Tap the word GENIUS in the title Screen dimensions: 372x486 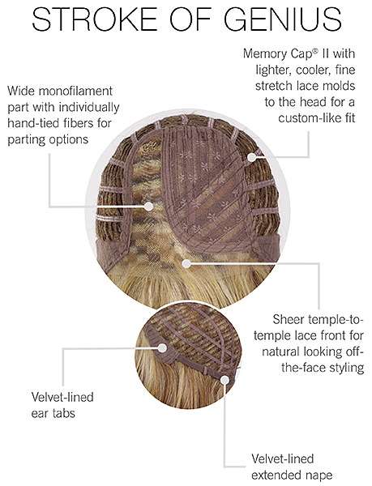(283, 19)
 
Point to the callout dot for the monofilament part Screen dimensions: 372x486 (149, 206)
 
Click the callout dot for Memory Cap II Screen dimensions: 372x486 (252, 157)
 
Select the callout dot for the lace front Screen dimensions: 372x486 (186, 264)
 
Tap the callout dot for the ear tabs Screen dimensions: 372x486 (162, 347)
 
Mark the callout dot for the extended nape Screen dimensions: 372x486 (224, 379)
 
